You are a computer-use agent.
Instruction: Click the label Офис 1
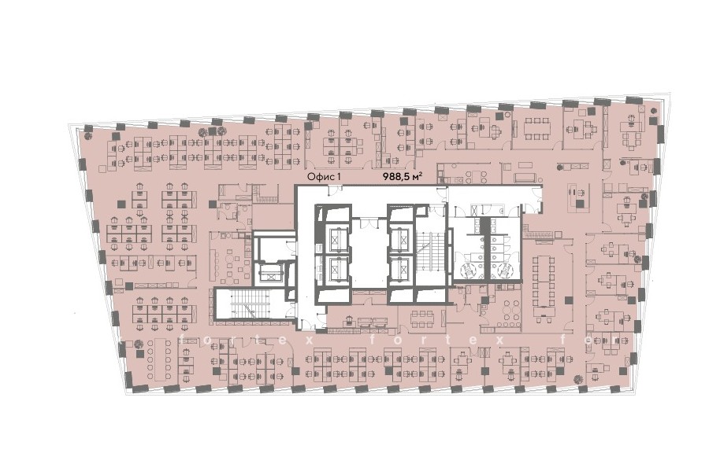323,177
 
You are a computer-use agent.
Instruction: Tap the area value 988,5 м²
403,176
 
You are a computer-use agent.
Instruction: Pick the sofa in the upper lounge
525,178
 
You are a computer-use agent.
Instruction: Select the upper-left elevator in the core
335,236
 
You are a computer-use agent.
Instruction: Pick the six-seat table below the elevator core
421,319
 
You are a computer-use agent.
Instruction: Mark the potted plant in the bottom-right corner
577,379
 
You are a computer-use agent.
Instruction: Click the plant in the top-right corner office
654,111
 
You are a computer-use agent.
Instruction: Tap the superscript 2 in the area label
421,174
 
